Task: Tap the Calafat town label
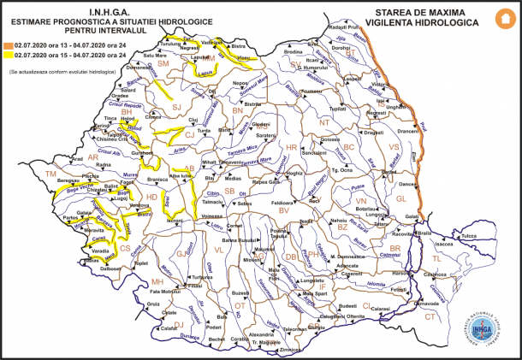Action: [168, 328]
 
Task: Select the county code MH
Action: [157, 281]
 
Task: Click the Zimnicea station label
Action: [290, 350]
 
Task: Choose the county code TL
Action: [436, 257]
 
